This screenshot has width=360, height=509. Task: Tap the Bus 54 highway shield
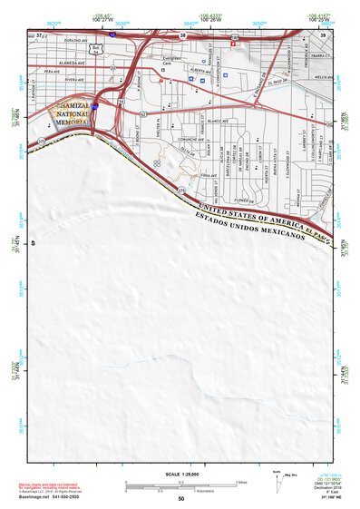click(96, 47)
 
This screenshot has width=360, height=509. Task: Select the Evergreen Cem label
click(171, 63)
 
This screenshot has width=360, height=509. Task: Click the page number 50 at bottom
click(180, 499)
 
